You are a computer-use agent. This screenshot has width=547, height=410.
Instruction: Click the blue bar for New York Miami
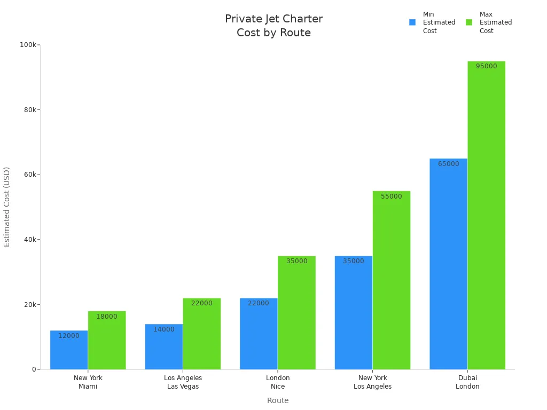[69, 350]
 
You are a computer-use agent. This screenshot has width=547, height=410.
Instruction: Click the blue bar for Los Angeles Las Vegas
[164, 346]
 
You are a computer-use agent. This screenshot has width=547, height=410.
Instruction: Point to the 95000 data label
[486, 66]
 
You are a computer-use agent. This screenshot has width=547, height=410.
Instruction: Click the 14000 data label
[164, 329]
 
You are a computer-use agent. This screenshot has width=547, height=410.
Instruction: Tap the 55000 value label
[392, 196]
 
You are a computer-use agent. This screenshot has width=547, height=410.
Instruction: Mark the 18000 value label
[107, 317]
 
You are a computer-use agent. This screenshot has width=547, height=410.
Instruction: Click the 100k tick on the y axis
[28, 45]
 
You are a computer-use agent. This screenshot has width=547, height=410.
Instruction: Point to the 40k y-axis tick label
[29, 240]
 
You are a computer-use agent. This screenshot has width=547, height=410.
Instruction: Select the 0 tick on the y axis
[34, 369]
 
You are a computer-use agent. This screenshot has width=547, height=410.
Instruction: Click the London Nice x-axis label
[278, 382]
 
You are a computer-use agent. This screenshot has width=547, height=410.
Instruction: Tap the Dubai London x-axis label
[467, 382]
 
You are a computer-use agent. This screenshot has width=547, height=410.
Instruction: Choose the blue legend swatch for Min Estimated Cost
[412, 22]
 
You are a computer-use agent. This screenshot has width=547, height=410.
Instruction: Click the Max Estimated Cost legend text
[495, 22]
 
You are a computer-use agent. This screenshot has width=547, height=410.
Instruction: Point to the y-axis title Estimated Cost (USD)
[7, 207]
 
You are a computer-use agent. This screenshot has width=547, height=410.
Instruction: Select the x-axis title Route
[278, 400]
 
